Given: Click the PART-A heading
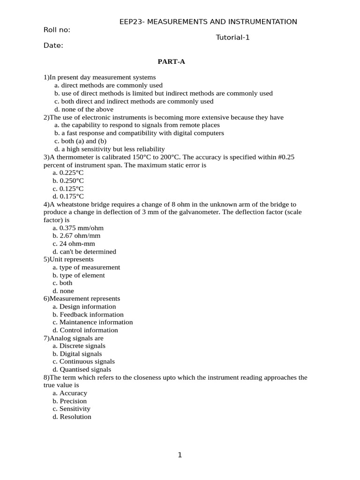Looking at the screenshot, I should (174, 61).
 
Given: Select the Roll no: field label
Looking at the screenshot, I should (57, 30).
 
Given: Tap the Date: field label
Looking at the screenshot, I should (53, 45).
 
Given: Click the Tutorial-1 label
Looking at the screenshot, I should (232, 37).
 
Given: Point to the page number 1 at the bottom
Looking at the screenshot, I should (180, 455).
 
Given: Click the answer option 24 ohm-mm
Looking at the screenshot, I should (74, 244).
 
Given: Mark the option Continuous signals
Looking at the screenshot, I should (83, 361).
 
